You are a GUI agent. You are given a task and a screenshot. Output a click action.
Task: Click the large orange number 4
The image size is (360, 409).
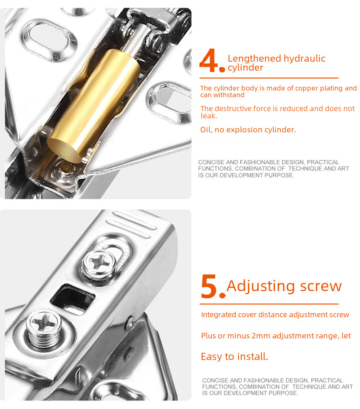pos(210,62)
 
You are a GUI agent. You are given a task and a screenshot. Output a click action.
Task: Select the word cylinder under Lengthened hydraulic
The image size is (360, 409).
pos(245,68)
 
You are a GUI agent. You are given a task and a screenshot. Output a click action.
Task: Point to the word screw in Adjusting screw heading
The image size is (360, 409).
pos(320,286)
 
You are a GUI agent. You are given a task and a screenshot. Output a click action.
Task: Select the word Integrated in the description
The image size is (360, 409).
pos(219,315)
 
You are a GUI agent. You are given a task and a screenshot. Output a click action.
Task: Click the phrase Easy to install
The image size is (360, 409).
pos(234,356)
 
